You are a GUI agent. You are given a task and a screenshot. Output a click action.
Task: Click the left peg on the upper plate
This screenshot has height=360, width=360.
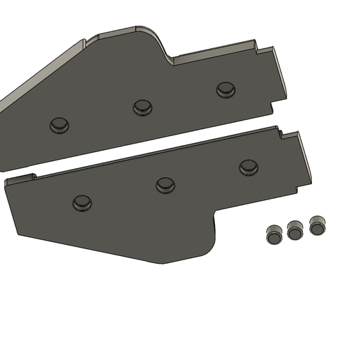coord(59,125)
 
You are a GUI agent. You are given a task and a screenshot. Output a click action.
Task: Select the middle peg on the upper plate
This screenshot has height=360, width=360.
coord(142,107)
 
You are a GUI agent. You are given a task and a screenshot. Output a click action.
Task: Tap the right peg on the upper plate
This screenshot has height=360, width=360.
coord(225,89)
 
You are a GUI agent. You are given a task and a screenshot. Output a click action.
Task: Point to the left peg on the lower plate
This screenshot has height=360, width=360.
coord(82,203)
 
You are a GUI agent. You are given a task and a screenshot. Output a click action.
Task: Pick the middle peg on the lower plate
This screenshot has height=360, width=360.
coord(165,185)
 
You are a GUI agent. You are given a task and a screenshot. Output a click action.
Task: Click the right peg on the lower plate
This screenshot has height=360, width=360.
coord(248,167)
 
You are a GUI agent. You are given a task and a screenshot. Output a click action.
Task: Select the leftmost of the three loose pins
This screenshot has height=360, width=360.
coord(273,234)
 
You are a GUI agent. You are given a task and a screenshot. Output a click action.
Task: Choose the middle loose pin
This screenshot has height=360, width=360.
coord(295,230)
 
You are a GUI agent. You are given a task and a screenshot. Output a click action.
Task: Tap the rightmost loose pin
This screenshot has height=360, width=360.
coord(317,225)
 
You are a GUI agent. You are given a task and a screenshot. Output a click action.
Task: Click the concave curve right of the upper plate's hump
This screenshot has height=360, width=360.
coord(167,56)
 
